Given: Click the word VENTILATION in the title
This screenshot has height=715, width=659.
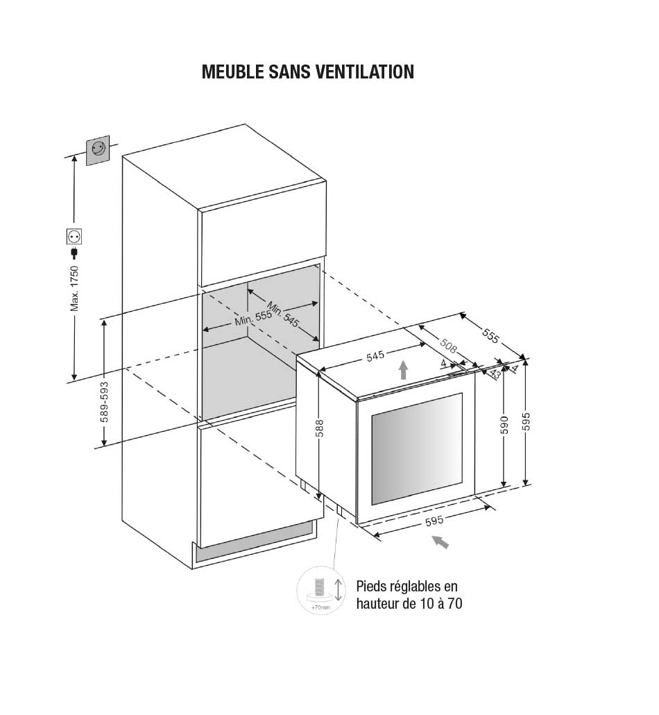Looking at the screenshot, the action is pos(359,72).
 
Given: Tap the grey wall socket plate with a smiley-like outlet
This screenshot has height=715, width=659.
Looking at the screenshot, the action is pos(98,150).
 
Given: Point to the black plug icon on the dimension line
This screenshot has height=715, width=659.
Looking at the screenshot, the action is pos(74,253).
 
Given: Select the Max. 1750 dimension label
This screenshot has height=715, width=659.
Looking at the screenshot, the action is pos(74,289).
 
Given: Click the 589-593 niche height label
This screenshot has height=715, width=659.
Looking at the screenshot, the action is pos(104,402).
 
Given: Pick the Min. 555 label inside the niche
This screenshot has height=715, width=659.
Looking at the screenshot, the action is pos(253,318).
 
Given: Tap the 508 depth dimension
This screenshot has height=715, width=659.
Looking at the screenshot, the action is pos(448,346).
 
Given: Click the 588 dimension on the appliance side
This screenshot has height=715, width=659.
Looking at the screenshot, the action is pos(319,428).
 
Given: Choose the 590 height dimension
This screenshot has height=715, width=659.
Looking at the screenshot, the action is pos(504,425).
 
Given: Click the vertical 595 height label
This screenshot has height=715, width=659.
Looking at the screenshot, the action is pos(527,421).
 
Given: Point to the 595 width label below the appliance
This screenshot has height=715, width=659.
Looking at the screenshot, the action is pos(434,521).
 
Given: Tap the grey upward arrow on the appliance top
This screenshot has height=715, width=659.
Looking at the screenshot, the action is pos(403,369).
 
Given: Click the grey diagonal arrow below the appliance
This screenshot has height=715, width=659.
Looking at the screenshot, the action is pos(440,541).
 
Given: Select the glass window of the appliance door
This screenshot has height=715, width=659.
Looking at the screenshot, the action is pos(417,448).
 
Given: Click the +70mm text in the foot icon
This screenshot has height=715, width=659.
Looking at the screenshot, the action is pos(320,608).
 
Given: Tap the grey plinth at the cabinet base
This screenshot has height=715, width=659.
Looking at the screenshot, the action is pos(255,543).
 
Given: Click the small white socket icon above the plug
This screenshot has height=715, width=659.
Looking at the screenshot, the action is pos(74,236).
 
